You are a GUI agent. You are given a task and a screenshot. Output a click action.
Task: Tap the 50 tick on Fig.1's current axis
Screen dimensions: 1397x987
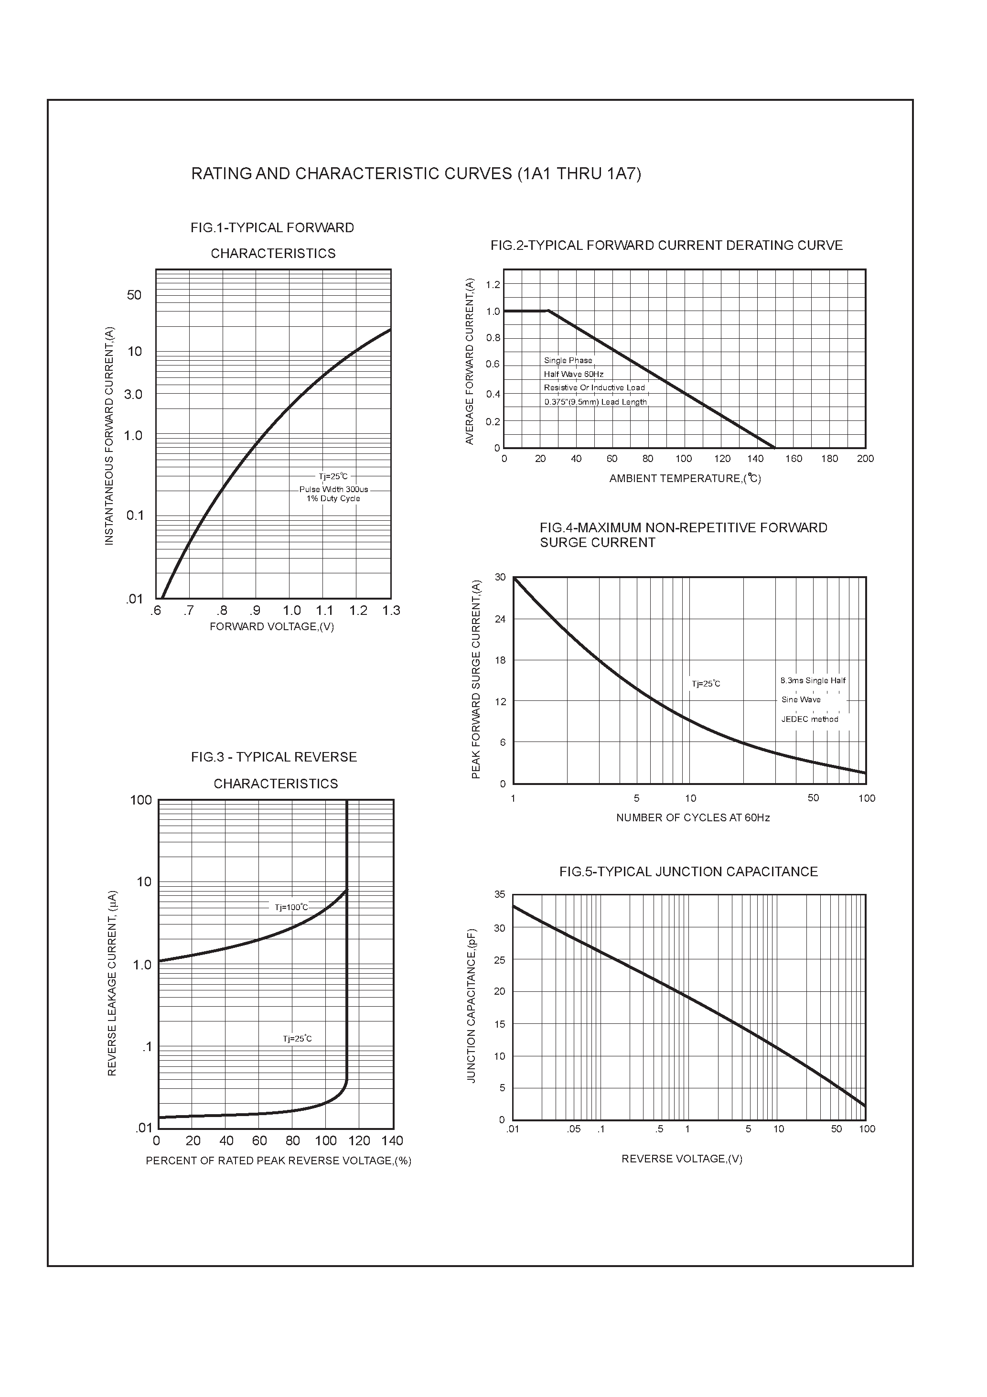click(134, 295)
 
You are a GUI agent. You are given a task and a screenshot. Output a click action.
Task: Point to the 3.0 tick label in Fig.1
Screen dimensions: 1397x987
click(133, 394)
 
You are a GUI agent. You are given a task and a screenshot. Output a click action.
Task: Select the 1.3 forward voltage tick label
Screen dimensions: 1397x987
click(391, 610)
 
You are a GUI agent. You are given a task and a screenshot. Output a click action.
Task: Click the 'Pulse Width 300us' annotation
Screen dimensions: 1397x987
click(333, 489)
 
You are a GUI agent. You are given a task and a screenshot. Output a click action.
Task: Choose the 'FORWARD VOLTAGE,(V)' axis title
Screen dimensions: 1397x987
click(271, 627)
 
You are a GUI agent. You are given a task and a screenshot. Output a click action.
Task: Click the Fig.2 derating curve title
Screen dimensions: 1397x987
click(666, 245)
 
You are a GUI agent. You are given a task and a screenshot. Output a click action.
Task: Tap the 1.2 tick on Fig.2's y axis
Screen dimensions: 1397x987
click(493, 285)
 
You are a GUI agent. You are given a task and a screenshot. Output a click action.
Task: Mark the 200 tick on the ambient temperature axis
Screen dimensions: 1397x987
click(865, 459)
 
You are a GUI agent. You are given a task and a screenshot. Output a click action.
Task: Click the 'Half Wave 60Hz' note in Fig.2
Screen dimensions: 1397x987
click(573, 374)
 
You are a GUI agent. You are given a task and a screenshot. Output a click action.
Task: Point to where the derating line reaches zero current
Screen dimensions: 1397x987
click(774, 448)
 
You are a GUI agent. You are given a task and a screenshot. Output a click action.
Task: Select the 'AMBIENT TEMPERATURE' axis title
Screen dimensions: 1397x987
click(685, 478)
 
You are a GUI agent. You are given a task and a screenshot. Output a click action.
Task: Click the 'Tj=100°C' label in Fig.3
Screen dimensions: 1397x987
click(291, 907)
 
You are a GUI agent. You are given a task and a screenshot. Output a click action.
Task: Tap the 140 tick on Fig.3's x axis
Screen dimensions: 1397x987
click(393, 1140)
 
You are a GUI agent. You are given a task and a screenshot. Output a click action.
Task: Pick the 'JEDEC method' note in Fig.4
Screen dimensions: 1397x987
click(809, 719)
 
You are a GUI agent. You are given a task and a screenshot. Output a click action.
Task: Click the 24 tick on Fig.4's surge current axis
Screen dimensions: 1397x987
click(500, 619)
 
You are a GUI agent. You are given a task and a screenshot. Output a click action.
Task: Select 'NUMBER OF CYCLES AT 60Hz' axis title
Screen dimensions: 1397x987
click(693, 818)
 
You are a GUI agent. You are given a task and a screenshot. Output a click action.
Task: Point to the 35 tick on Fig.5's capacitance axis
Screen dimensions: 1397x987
click(500, 894)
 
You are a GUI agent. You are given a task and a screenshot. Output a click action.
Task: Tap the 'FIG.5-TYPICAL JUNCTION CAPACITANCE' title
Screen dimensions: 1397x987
click(688, 872)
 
